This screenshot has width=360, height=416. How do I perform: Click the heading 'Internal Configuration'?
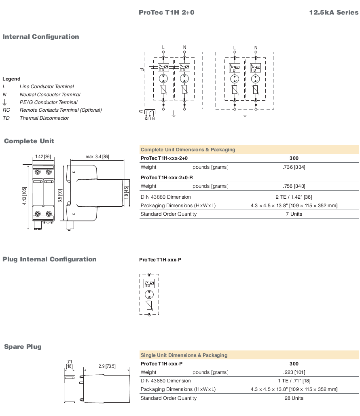pos(41,36)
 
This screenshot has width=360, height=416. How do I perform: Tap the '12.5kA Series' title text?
pos(334,12)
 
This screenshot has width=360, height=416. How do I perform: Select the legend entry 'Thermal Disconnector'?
pos(44,118)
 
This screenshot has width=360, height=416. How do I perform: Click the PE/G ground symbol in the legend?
pos(4,102)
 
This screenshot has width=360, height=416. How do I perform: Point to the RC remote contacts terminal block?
pos(150,112)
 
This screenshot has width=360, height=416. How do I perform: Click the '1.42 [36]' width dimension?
pos(43,157)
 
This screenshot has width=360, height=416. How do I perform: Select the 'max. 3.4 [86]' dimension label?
pos(97,157)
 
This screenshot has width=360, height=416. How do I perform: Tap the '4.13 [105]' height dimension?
pos(24,196)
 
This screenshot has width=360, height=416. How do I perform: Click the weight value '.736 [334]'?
pos(294,167)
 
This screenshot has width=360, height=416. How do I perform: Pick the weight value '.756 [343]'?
pos(294,186)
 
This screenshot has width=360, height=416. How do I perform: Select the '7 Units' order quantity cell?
pos(294,214)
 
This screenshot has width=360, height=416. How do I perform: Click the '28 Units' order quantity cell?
pos(294,398)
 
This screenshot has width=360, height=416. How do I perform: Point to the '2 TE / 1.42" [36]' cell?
pos(294,197)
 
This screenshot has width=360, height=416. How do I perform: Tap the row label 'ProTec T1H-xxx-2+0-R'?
pos(167,178)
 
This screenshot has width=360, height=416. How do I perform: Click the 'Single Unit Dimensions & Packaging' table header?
pos(184,355)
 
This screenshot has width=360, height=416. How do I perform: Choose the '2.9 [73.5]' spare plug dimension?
pos(107,366)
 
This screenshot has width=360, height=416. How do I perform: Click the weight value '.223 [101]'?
pos(294,372)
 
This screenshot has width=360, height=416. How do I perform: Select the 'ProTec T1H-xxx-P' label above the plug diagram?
pos(161,260)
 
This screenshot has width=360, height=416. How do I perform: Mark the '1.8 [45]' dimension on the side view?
pos(126,193)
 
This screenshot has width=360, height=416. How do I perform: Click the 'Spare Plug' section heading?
pos(23,347)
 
